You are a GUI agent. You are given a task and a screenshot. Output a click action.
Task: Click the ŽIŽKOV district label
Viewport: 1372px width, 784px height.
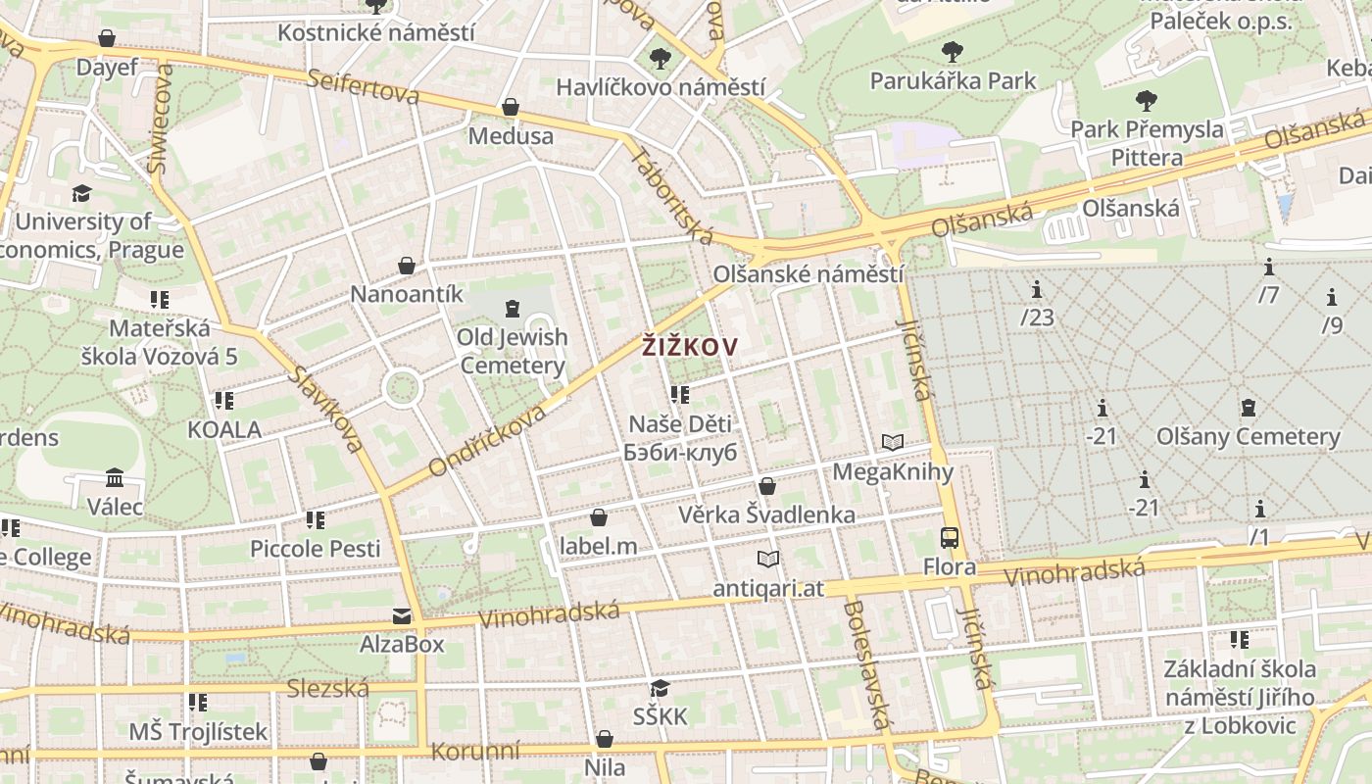pos(689,345)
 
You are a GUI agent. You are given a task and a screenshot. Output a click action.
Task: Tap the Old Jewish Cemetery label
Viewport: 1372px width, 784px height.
pos(513,351)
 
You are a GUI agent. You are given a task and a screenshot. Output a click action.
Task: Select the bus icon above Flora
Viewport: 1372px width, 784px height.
pos(949,537)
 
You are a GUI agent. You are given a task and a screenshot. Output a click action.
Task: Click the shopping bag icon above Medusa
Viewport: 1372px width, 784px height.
pos(510,107)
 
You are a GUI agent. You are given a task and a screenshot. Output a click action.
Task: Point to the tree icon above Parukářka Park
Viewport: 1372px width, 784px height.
pos(952,52)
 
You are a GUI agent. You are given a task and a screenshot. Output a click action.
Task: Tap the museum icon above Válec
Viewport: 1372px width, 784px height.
pos(115,478)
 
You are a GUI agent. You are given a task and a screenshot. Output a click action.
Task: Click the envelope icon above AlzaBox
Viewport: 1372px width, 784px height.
pos(402,615)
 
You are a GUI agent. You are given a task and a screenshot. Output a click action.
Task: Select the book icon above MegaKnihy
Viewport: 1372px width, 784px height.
pos(892,442)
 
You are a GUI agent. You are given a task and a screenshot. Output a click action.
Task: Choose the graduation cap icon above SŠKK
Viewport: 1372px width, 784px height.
pos(660,688)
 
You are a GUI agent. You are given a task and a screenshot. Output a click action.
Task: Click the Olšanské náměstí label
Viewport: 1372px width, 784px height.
pos(808,273)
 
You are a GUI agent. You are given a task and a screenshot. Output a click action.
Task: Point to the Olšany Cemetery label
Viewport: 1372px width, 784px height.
pos(1248,436)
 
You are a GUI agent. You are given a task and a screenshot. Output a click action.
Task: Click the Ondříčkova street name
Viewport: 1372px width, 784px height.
pos(486,441)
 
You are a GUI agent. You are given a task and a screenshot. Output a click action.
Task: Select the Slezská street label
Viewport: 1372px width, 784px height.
pos(327,689)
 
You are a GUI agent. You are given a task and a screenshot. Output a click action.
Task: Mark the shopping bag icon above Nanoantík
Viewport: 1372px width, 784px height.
pos(407,266)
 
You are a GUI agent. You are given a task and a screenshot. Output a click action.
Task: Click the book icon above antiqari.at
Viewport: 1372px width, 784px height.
pos(768,559)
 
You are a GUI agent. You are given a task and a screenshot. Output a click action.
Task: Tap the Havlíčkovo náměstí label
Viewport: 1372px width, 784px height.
pos(661,87)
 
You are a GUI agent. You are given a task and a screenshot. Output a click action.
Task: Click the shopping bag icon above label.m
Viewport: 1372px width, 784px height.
pos(599,517)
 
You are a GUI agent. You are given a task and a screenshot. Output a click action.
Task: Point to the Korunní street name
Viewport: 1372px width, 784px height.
pos(475,752)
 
